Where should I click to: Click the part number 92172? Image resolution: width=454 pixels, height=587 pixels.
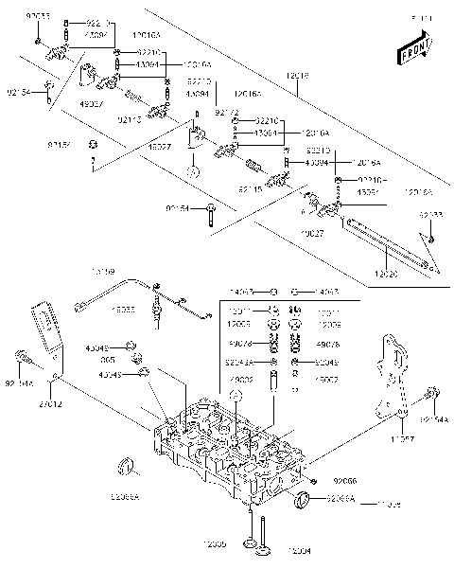pos(228,113)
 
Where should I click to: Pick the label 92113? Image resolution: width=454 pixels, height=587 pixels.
pos(130,119)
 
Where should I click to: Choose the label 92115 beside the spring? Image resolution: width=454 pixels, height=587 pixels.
pos(251,189)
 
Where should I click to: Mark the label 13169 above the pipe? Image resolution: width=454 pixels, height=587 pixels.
pos(103,273)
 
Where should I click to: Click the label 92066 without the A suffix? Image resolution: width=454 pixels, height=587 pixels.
pos(345,482)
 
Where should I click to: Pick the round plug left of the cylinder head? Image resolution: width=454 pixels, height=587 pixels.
pos(122,466)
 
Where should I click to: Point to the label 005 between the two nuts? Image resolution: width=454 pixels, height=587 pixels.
pos(109,359)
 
